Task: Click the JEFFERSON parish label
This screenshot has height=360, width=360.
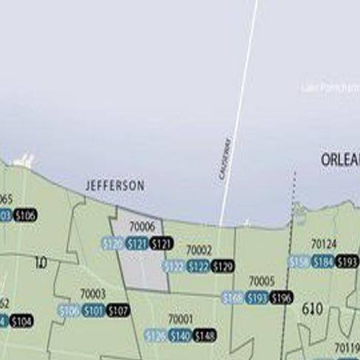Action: pos(115,186)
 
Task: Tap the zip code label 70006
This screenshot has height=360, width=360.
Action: pos(142,227)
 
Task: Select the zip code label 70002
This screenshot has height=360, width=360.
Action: pos(198,251)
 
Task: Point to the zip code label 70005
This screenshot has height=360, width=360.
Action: pos(261,281)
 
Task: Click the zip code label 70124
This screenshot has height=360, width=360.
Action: pos(323,243)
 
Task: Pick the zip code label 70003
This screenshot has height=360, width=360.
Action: pos(93,294)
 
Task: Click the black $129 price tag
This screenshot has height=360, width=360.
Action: pos(222,266)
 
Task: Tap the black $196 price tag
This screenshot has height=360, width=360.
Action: pos(281,298)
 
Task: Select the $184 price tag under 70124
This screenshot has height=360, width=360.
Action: pos(322,261)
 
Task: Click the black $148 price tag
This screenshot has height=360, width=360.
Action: pos(204,336)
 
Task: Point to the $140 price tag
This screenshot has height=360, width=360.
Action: pos(180,336)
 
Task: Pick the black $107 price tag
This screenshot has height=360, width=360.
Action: pos(117,311)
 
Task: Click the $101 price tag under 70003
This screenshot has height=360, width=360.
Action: pos(93,311)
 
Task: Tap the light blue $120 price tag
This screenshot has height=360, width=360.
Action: pos(112,243)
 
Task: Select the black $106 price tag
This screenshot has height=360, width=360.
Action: pos(24,215)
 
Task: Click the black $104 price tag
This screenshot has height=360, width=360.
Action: pos(21,321)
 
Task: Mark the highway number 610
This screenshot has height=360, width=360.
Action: pos(313,309)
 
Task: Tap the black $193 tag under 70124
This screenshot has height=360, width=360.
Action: pos(347,261)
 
